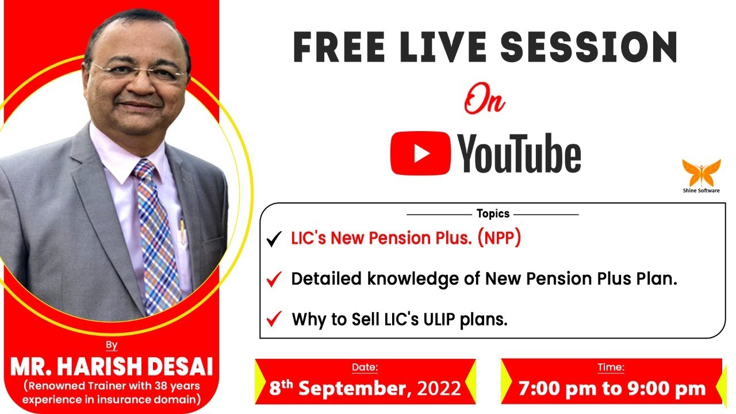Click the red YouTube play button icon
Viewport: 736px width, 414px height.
point(420,153)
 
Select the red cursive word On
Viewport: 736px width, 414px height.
point(485,102)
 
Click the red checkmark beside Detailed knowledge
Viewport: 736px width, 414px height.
point(274,280)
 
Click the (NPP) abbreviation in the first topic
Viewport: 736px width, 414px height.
point(499,239)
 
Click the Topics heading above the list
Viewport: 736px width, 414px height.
point(493,214)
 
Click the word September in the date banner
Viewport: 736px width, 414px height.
point(354,389)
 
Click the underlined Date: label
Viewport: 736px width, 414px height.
point(365,367)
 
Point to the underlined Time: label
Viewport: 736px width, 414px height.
point(611,367)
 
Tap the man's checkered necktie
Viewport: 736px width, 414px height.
point(154,236)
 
